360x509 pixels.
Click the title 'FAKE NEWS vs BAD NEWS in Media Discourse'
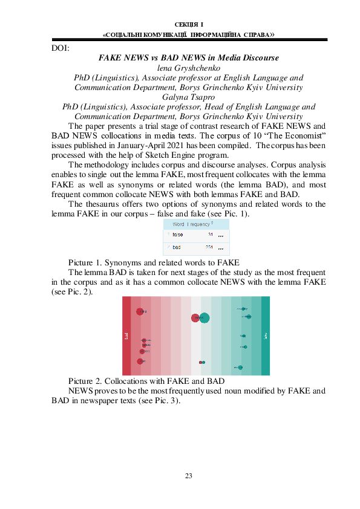point(188,58)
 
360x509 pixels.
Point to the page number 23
point(188,476)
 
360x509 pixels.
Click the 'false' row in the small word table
point(177,235)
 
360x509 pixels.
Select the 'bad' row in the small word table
point(177,247)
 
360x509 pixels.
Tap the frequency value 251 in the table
point(209,247)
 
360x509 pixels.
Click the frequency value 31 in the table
point(210,235)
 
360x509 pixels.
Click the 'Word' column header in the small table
point(178,224)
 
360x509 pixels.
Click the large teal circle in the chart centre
point(205,318)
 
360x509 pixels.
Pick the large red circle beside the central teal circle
point(195,318)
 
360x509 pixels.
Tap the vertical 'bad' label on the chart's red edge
point(126,336)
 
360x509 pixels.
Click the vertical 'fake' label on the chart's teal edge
point(266,336)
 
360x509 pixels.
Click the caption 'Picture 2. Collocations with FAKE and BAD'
point(146,382)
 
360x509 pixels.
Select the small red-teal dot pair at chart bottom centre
point(202,362)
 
